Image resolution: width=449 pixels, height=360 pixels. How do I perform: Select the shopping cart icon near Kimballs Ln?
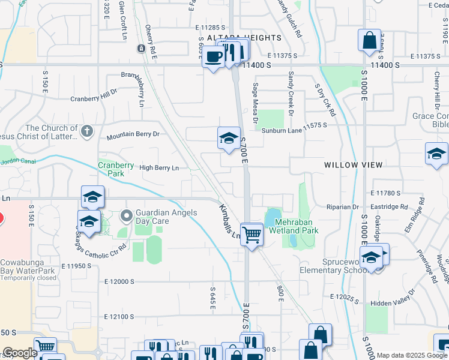pos(252,234)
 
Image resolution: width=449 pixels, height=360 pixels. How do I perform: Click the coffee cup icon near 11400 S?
pos(214,57)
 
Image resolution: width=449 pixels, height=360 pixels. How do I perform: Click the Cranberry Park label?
pos(116,169)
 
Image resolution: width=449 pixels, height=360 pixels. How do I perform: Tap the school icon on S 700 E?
pos(228,139)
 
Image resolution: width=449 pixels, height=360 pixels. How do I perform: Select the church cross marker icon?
pos(87,130)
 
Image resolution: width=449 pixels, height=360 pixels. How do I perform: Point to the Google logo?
pos(19,353)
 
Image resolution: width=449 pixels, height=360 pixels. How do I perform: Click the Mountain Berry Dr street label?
pos(133,135)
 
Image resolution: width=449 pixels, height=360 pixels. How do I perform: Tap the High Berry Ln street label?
pos(159,168)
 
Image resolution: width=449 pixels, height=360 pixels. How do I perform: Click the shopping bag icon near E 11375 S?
pos(369,40)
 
